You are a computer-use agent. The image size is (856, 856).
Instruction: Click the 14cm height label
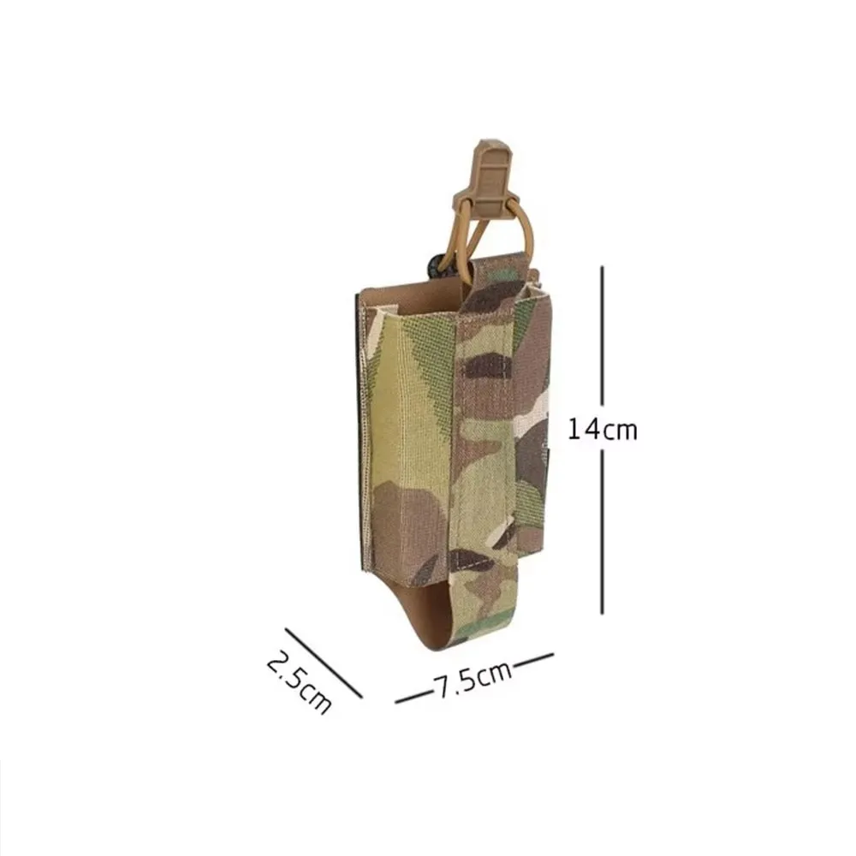click(x=603, y=430)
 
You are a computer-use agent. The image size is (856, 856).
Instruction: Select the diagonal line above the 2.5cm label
click(x=324, y=663)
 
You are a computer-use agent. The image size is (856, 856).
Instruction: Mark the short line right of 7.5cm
click(x=533, y=660)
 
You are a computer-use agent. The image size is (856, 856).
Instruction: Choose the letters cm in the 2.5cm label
click(x=313, y=699)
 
